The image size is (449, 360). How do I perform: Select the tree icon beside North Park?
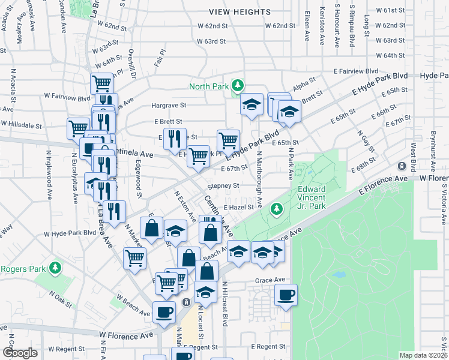coord(238,86)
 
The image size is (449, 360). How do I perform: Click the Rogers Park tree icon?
coord(55,267)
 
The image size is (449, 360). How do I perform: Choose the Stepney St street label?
coord(224,186)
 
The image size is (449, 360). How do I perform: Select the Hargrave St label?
coord(169,105)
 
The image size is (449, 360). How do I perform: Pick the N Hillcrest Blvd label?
coord(225,304)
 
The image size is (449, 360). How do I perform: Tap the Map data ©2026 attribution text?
coord(423,355)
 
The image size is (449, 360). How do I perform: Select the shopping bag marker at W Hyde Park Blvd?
coord(151,228)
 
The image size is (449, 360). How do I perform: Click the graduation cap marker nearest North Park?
coord(252,104)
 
